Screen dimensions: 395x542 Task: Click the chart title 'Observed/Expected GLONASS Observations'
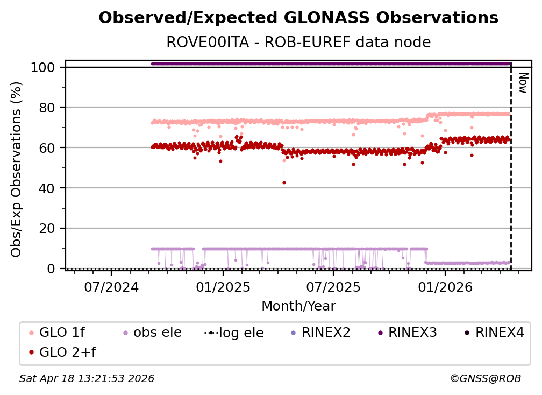298,18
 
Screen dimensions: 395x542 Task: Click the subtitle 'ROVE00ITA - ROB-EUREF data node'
298,42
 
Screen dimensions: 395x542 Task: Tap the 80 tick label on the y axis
47,108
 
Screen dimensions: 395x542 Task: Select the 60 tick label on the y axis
47,148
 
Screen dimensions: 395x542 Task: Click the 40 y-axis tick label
47,188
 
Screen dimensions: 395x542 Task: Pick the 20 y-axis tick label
47,229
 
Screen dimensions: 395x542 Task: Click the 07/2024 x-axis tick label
111,287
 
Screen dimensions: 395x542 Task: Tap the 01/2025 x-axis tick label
222,287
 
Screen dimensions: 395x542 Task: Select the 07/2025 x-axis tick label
333,287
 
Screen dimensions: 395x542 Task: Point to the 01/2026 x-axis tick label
445,287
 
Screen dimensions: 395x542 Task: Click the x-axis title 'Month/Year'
298,306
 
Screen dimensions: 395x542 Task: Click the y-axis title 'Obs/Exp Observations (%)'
17,169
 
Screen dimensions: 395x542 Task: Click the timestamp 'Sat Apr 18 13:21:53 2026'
87,379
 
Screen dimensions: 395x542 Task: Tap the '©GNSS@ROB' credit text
485,379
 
